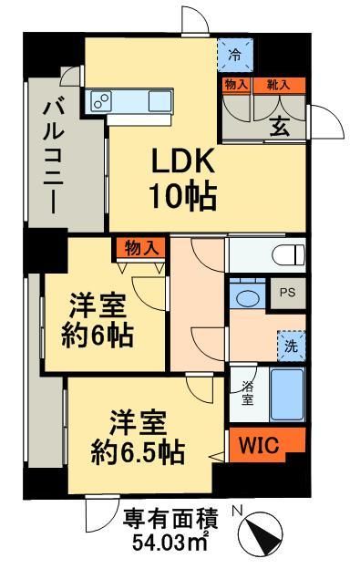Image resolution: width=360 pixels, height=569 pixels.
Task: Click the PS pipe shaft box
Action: [286, 294]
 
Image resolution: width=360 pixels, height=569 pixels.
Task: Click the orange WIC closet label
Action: [260, 443]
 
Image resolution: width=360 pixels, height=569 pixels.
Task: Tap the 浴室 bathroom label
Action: [246, 390]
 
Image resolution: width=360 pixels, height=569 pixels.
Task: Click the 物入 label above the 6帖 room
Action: [140, 245]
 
